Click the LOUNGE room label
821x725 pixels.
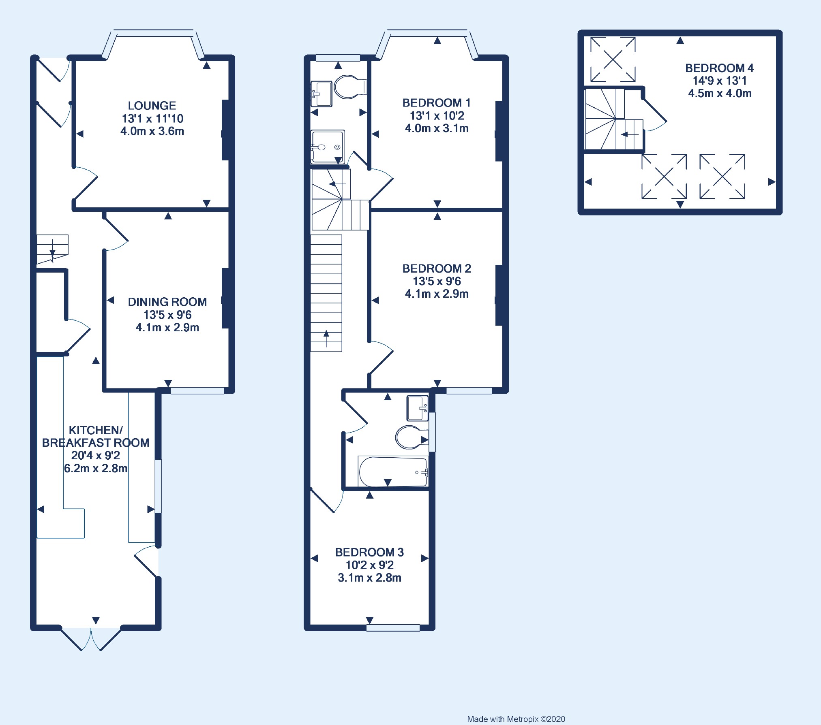(x=152, y=106)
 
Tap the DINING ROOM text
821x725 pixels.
(x=167, y=302)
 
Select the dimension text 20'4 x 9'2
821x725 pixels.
(x=96, y=455)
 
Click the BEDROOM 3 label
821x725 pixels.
(x=369, y=552)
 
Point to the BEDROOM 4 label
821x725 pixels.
(x=719, y=68)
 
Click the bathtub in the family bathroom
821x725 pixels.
(x=392, y=472)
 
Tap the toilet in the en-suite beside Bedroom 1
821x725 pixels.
(x=348, y=87)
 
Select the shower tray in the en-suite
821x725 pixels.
(x=327, y=146)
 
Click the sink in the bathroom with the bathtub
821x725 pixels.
(x=417, y=408)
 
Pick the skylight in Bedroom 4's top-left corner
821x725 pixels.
(x=613, y=60)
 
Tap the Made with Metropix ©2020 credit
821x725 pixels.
(x=516, y=719)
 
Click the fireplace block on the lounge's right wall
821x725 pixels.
(x=225, y=130)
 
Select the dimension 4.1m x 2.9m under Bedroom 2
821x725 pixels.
(x=436, y=294)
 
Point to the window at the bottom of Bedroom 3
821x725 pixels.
(x=393, y=628)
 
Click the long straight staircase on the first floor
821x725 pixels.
(x=326, y=292)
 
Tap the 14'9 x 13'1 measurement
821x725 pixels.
(x=719, y=81)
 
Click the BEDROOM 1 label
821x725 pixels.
(x=436, y=103)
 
